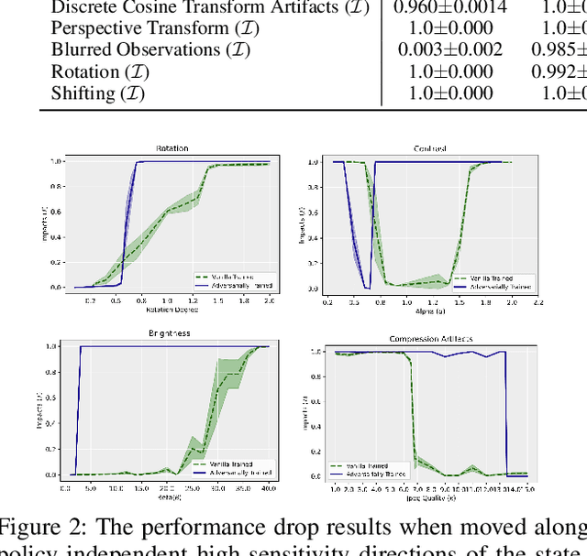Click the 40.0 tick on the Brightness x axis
pos(265,490)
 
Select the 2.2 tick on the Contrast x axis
pos(537,300)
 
